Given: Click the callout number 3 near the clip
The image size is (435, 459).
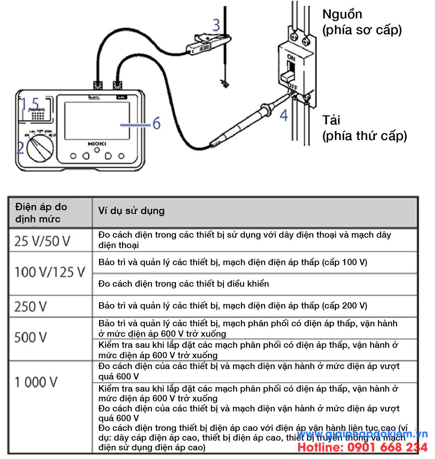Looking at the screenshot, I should click(216, 25).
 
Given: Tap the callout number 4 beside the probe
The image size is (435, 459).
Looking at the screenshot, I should click(284, 115).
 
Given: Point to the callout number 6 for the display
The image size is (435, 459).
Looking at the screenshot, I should click(156, 123).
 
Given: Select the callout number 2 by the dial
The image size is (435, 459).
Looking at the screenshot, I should click(21, 148).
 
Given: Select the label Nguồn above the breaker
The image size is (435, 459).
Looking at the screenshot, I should click(342, 14).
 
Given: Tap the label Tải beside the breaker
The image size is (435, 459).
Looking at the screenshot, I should click(331, 120).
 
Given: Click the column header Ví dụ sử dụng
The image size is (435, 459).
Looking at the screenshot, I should click(131, 211).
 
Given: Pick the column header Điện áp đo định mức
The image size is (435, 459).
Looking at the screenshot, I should click(41, 213).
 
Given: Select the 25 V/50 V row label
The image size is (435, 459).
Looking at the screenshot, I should click(42, 241).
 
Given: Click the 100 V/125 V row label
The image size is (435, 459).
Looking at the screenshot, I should click(50, 272).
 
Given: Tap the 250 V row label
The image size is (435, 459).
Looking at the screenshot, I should click(31, 306).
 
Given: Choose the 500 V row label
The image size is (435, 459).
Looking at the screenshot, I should click(31, 337).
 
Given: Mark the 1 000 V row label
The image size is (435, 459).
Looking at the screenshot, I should click(36, 382).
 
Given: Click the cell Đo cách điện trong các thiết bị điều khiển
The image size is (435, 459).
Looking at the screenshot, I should click(184, 284).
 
